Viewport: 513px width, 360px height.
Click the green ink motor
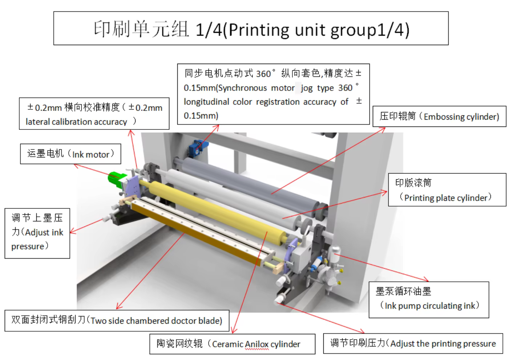pyautogui.click(x=116, y=179)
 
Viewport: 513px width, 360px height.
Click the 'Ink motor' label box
pyautogui.click(x=70, y=154)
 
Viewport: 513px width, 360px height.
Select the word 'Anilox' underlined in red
pyautogui.click(x=256, y=344)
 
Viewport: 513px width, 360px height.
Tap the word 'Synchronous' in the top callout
pyautogui.click(x=242, y=88)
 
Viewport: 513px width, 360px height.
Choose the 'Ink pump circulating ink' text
pyautogui.click(x=430, y=306)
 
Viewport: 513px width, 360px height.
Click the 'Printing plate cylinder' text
pyautogui.click(x=445, y=198)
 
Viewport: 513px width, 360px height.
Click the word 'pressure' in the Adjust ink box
pyautogui.click(x=28, y=247)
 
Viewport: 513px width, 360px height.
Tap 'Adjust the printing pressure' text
pyautogui.click(x=443, y=344)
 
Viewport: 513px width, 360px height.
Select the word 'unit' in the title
pyautogui.click(x=310, y=30)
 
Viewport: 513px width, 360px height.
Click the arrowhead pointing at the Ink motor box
pyautogui.click(x=76, y=165)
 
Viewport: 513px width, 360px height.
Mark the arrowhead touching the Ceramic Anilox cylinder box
pyautogui.click(x=233, y=331)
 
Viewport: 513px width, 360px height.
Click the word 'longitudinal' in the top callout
pyautogui.click(x=206, y=102)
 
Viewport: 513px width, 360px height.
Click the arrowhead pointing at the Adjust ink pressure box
pyautogui.click(x=72, y=232)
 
